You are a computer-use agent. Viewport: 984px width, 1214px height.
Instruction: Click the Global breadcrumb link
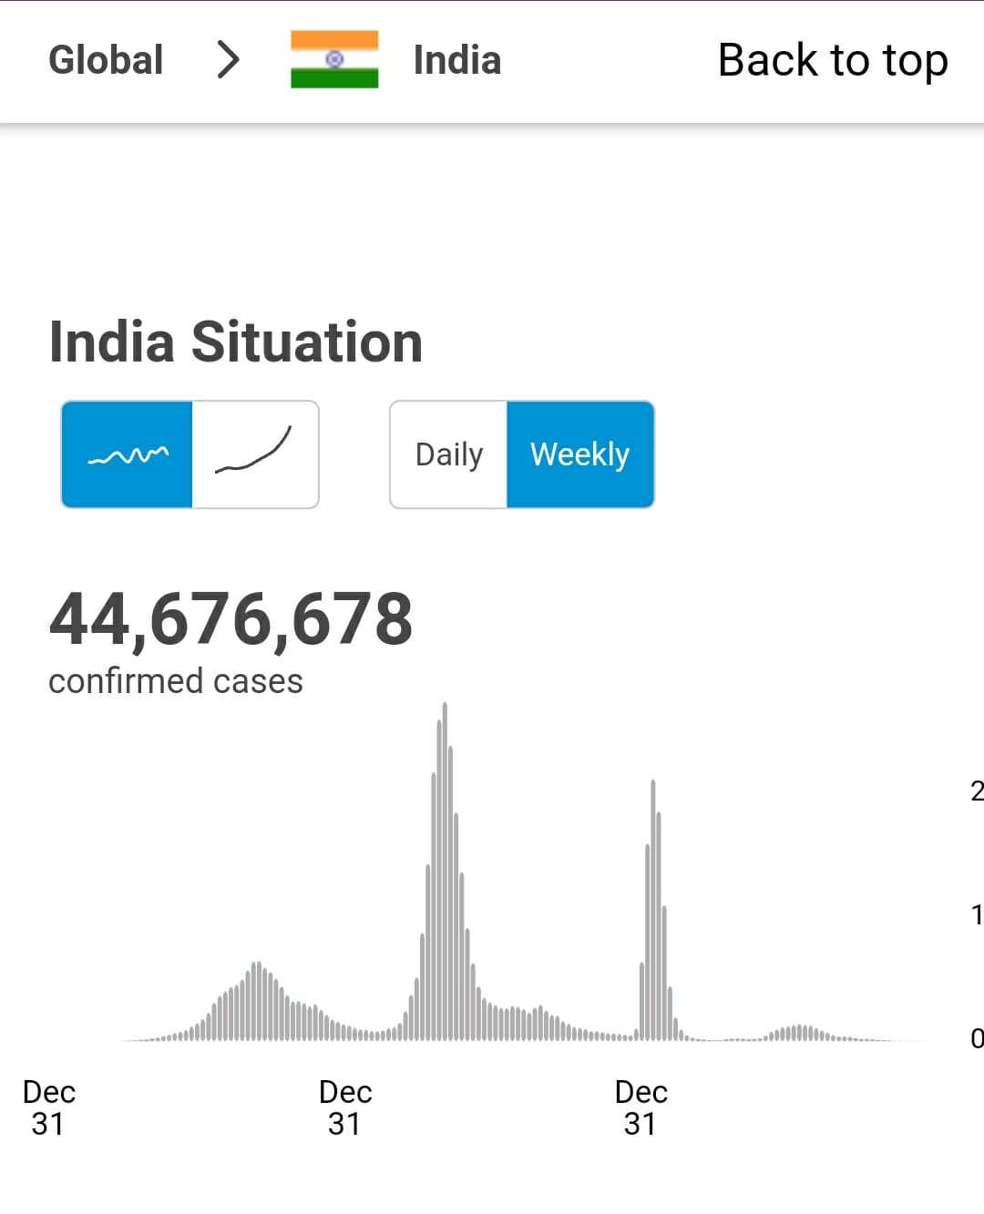[106, 60]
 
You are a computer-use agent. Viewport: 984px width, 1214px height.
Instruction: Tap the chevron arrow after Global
[228, 60]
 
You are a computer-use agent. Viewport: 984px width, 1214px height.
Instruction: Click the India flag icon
[334, 59]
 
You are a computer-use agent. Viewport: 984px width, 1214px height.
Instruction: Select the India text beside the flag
[456, 60]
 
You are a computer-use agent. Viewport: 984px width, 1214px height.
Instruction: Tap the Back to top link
[833, 60]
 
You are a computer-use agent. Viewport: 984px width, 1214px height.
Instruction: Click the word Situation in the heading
[306, 342]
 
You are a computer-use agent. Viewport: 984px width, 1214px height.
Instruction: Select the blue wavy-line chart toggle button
[127, 454]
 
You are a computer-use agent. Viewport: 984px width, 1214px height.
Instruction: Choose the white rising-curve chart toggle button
[255, 454]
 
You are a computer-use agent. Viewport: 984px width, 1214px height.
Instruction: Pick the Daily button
[448, 454]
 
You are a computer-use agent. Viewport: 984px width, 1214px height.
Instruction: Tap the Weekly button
[580, 454]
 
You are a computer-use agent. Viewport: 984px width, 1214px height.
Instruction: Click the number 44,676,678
[231, 619]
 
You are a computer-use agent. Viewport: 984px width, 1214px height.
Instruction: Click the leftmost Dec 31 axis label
[48, 1107]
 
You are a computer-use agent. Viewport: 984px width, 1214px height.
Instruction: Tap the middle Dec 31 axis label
[345, 1107]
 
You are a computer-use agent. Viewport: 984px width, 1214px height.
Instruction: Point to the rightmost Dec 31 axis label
[641, 1107]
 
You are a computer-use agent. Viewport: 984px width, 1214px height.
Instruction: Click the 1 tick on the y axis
[976, 914]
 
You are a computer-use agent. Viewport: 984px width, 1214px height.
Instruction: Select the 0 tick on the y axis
[976, 1038]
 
